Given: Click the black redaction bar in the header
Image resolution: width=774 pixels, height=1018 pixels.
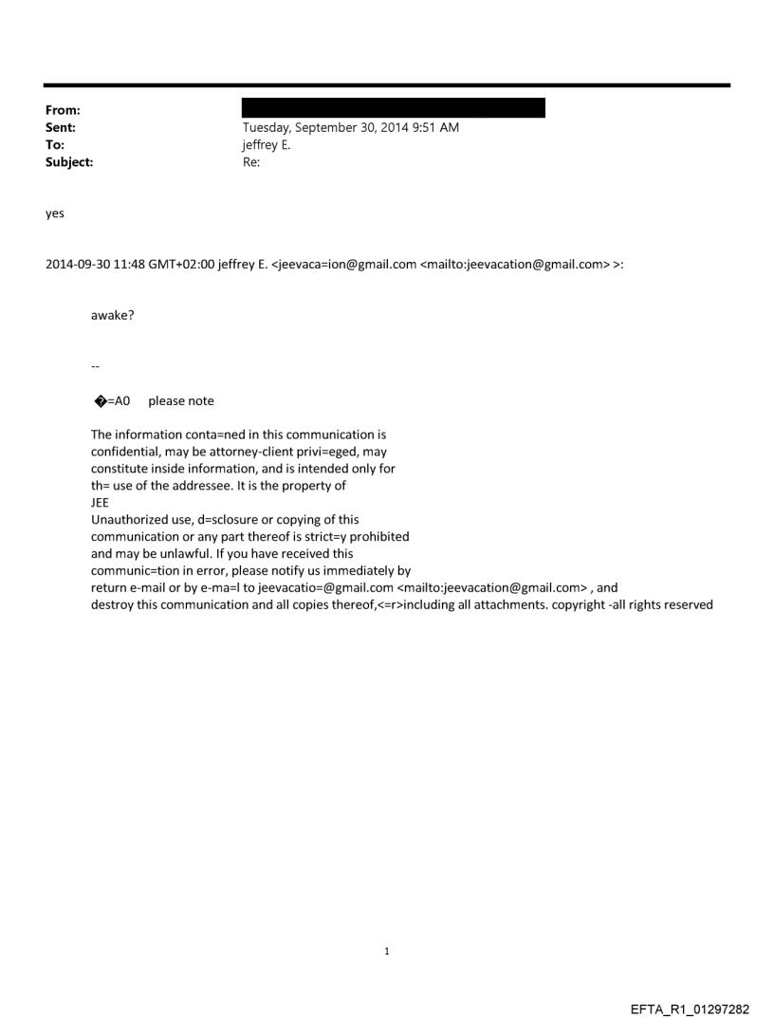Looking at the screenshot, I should point(394,107).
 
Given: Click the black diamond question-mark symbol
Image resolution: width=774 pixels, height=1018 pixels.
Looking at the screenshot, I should point(97,401).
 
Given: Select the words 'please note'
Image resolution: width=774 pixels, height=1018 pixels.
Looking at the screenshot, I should point(181,401).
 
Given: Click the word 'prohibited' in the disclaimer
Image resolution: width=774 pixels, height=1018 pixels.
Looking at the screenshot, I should point(379,537).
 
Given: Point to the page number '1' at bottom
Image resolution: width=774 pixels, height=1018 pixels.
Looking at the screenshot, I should point(386,952).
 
